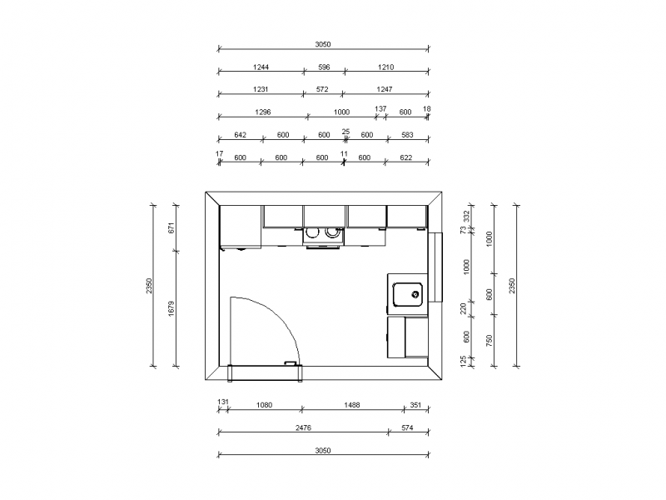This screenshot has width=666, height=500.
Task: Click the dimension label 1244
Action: click(x=261, y=67)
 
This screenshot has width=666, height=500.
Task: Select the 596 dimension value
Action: click(x=324, y=67)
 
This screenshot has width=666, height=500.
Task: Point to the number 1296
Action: click(x=262, y=112)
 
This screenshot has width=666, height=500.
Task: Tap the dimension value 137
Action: click(x=380, y=109)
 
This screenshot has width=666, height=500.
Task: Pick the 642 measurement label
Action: click(x=240, y=135)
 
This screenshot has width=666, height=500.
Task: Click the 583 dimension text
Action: click(x=407, y=135)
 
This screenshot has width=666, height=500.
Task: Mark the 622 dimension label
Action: click(x=406, y=157)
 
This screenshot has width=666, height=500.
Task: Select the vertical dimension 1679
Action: click(x=171, y=308)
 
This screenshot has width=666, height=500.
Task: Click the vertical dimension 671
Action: click(x=171, y=227)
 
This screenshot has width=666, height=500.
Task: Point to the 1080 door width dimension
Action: click(x=264, y=405)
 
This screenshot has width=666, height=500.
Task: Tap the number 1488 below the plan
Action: click(x=351, y=405)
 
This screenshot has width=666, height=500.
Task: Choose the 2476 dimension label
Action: click(x=303, y=427)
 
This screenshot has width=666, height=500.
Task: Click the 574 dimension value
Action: click(x=407, y=427)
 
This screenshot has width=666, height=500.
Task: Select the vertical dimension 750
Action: click(x=490, y=340)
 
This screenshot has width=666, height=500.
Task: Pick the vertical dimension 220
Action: click(x=464, y=308)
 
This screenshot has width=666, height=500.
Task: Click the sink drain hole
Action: click(x=415, y=294)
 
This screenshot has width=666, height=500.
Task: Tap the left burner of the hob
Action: click(x=312, y=232)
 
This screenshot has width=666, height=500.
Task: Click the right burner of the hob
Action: click(x=331, y=232)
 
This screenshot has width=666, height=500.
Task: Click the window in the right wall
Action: click(x=435, y=267)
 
